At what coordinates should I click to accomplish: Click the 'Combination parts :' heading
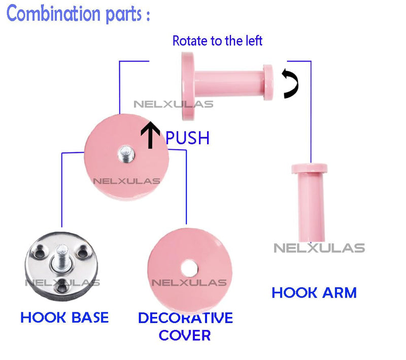[x=78, y=14]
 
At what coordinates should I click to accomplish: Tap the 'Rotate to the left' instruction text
[x=218, y=41]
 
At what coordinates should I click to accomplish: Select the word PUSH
[x=187, y=138]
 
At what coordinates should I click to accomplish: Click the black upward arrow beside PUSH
[x=150, y=135]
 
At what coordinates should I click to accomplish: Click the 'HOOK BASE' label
[x=64, y=317]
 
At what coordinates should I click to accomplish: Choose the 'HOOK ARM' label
[x=314, y=293]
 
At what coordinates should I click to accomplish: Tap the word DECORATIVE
[x=185, y=318]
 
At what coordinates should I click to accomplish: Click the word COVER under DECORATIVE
[x=185, y=336]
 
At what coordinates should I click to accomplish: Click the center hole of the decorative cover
[x=189, y=268]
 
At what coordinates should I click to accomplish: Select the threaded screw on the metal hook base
[x=61, y=256]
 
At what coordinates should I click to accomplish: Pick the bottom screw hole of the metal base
[x=62, y=287]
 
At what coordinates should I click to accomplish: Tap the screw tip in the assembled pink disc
[x=126, y=154]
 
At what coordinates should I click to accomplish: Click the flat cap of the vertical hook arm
[x=310, y=169]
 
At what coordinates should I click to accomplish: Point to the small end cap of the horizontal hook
[x=268, y=82]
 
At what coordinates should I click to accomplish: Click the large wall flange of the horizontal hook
[x=188, y=86]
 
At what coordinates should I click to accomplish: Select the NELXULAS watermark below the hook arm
[x=319, y=248]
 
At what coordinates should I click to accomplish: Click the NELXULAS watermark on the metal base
[x=62, y=282]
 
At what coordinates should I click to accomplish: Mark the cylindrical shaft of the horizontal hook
[x=229, y=83]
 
